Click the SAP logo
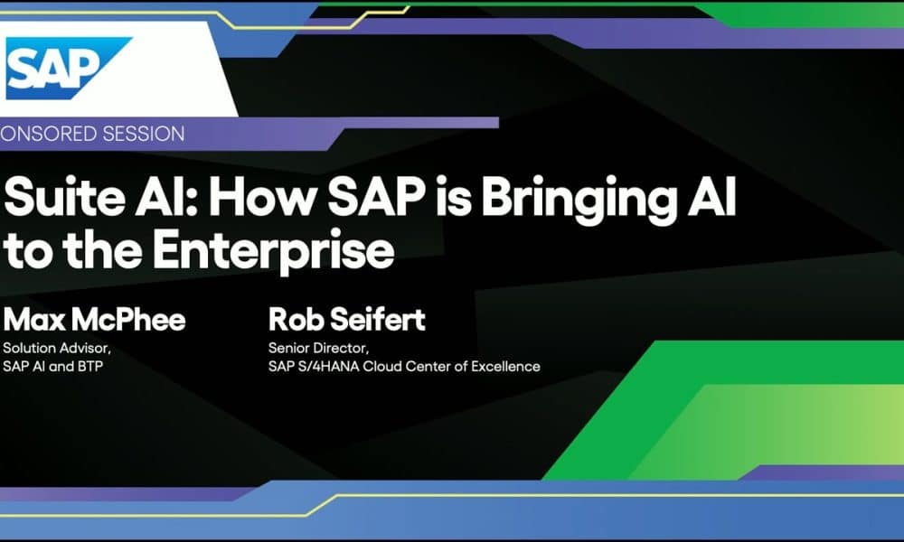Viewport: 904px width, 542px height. pyautogui.click(x=68, y=68)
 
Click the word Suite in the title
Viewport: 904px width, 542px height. pyautogui.click(x=64, y=196)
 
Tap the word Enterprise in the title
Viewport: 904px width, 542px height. pyautogui.click(x=273, y=251)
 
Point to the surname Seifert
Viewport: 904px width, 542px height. pyautogui.click(x=378, y=320)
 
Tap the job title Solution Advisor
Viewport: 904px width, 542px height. pyautogui.click(x=56, y=348)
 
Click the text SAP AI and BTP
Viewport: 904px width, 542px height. pyautogui.click(x=52, y=367)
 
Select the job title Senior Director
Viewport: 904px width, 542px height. pyautogui.click(x=318, y=348)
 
